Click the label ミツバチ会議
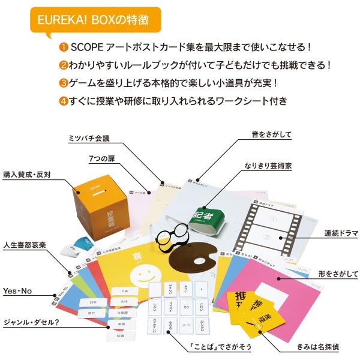tap(91, 137)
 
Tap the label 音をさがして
tap(272, 134)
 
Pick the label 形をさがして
tap(325, 274)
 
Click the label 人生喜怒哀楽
tap(25, 245)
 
